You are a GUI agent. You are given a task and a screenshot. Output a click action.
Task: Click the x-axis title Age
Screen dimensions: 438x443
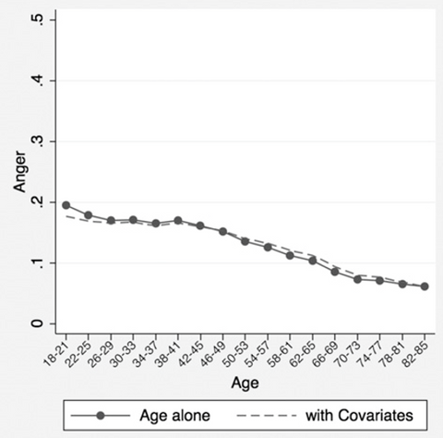point(245,381)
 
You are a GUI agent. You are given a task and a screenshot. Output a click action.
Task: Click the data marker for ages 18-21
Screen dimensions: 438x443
point(66,204)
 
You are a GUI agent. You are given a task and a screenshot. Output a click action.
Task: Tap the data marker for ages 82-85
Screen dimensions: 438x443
point(425,286)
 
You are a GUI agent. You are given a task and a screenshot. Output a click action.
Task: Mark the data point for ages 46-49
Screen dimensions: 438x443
point(222,232)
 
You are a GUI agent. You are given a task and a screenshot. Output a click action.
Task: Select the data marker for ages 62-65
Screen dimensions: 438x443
point(313,261)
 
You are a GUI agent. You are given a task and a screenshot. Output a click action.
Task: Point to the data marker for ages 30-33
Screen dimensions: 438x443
point(133,220)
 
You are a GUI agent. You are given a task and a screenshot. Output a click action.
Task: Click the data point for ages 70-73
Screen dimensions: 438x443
point(357,278)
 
